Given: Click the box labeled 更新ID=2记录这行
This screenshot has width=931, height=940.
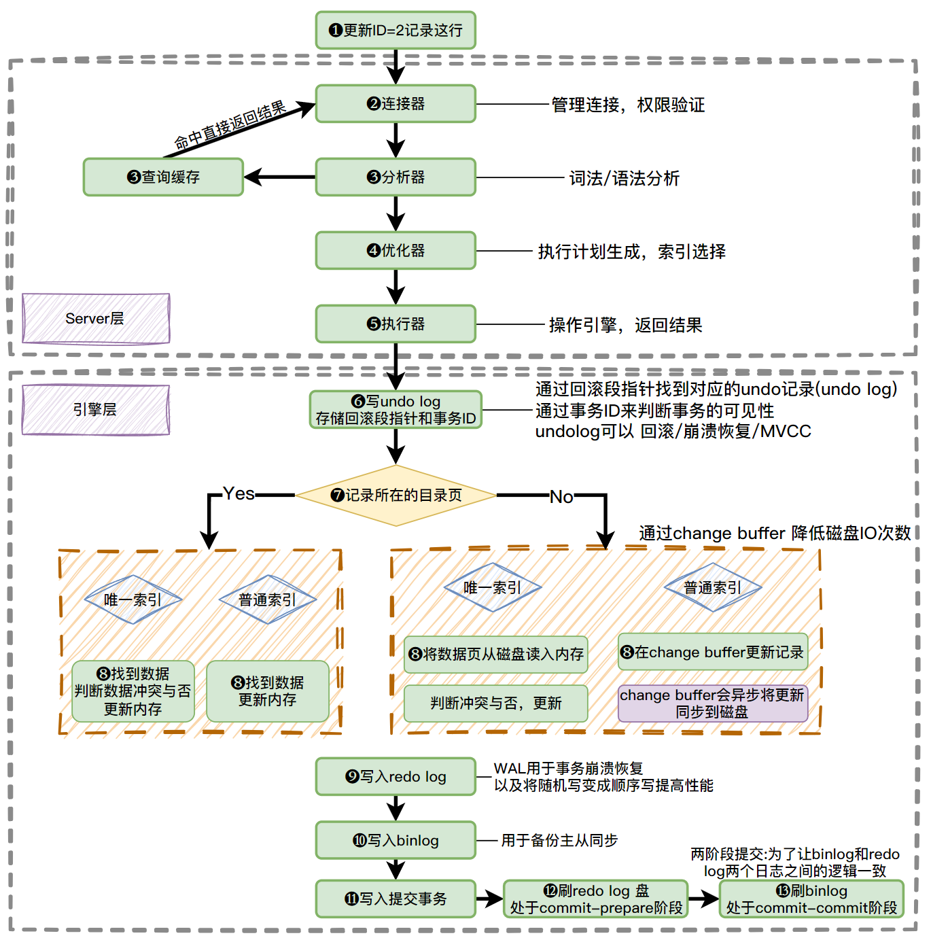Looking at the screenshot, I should click(396, 31).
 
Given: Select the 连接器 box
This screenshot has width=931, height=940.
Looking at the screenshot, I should click(396, 104).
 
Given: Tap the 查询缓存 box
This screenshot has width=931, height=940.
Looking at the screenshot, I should click(163, 177).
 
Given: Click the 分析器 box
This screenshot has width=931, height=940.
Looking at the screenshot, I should click(396, 177).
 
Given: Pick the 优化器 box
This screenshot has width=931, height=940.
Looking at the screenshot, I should click(396, 251).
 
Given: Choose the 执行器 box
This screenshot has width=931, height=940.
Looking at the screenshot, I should click(396, 324).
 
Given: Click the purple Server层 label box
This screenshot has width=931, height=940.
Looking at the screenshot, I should click(96, 319).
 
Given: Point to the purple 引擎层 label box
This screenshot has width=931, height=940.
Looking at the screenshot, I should click(96, 410).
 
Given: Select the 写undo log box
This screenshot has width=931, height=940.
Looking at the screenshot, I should click(396, 410).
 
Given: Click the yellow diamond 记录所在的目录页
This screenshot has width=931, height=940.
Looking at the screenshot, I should click(396, 495).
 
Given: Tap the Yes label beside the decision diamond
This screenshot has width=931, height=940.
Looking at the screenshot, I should click(239, 494).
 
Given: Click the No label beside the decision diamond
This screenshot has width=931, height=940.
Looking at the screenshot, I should click(561, 497).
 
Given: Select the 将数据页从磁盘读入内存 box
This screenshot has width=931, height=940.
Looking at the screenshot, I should click(496, 655).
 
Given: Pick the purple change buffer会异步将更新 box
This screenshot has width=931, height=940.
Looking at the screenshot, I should click(712, 703).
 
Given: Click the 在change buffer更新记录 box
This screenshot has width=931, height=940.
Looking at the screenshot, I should click(712, 652).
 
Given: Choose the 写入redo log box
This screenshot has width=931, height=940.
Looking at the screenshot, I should click(396, 777).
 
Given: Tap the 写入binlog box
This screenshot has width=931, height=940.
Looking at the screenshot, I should click(396, 841).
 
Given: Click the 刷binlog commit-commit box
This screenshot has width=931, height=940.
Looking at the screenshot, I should click(811, 899).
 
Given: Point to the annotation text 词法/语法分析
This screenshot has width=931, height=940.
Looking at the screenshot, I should click(624, 179).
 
